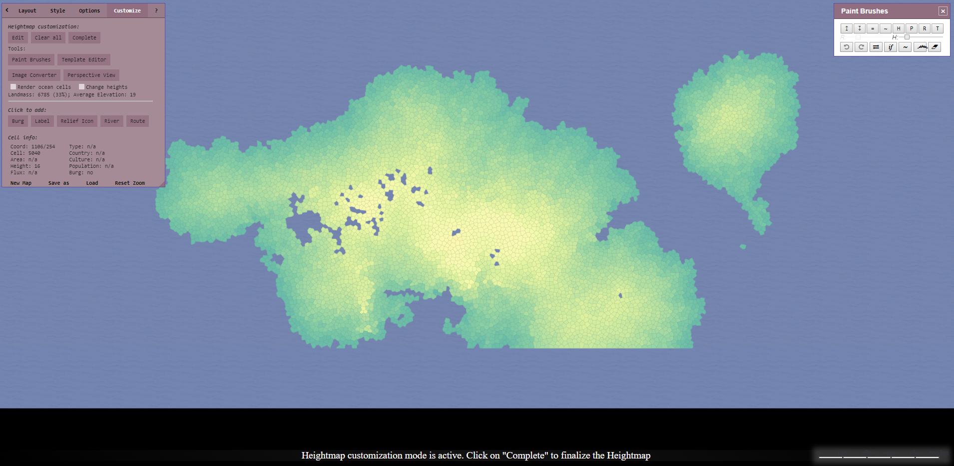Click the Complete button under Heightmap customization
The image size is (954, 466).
[x=84, y=37]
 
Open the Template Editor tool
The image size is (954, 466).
[x=83, y=59]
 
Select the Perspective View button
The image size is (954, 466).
[x=91, y=75]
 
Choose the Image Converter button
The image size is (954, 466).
[x=34, y=75]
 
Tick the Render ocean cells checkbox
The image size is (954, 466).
[x=13, y=87]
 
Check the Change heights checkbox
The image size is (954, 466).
[x=81, y=87]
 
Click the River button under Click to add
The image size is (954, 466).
[x=111, y=121]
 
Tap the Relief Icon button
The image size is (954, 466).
[x=77, y=121]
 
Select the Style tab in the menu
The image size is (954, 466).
[x=57, y=10]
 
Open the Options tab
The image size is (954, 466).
[x=89, y=10]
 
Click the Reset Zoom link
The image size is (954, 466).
[x=130, y=183]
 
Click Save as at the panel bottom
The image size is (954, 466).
[x=58, y=183]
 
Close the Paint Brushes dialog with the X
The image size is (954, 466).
[x=943, y=11]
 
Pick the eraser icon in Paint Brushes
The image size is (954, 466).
[x=935, y=47]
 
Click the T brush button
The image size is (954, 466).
[x=938, y=28]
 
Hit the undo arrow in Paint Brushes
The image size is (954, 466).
[x=847, y=47]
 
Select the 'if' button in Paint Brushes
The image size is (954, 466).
[x=891, y=47]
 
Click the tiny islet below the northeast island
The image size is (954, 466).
[x=743, y=247]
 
